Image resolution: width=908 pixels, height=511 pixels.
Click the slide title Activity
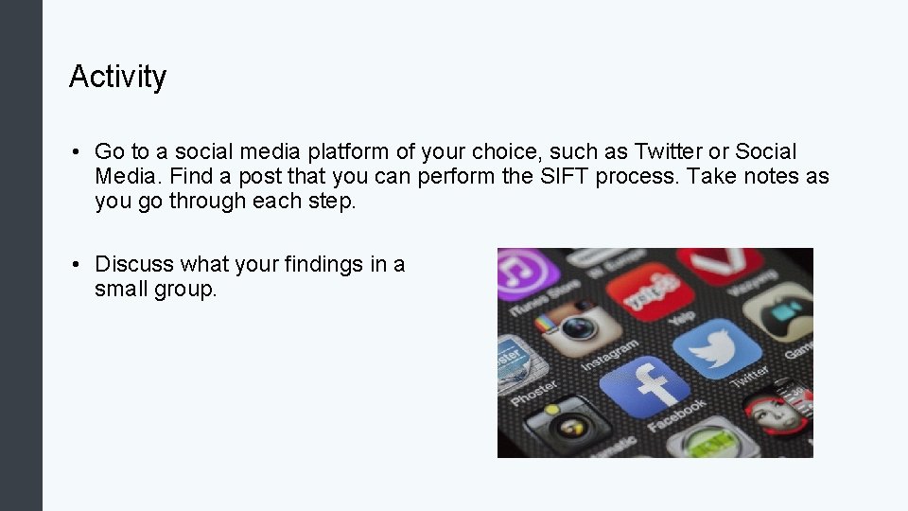[x=117, y=77]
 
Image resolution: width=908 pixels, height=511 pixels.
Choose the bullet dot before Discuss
[x=74, y=265]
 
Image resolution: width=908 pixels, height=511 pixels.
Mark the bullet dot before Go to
[x=74, y=152]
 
